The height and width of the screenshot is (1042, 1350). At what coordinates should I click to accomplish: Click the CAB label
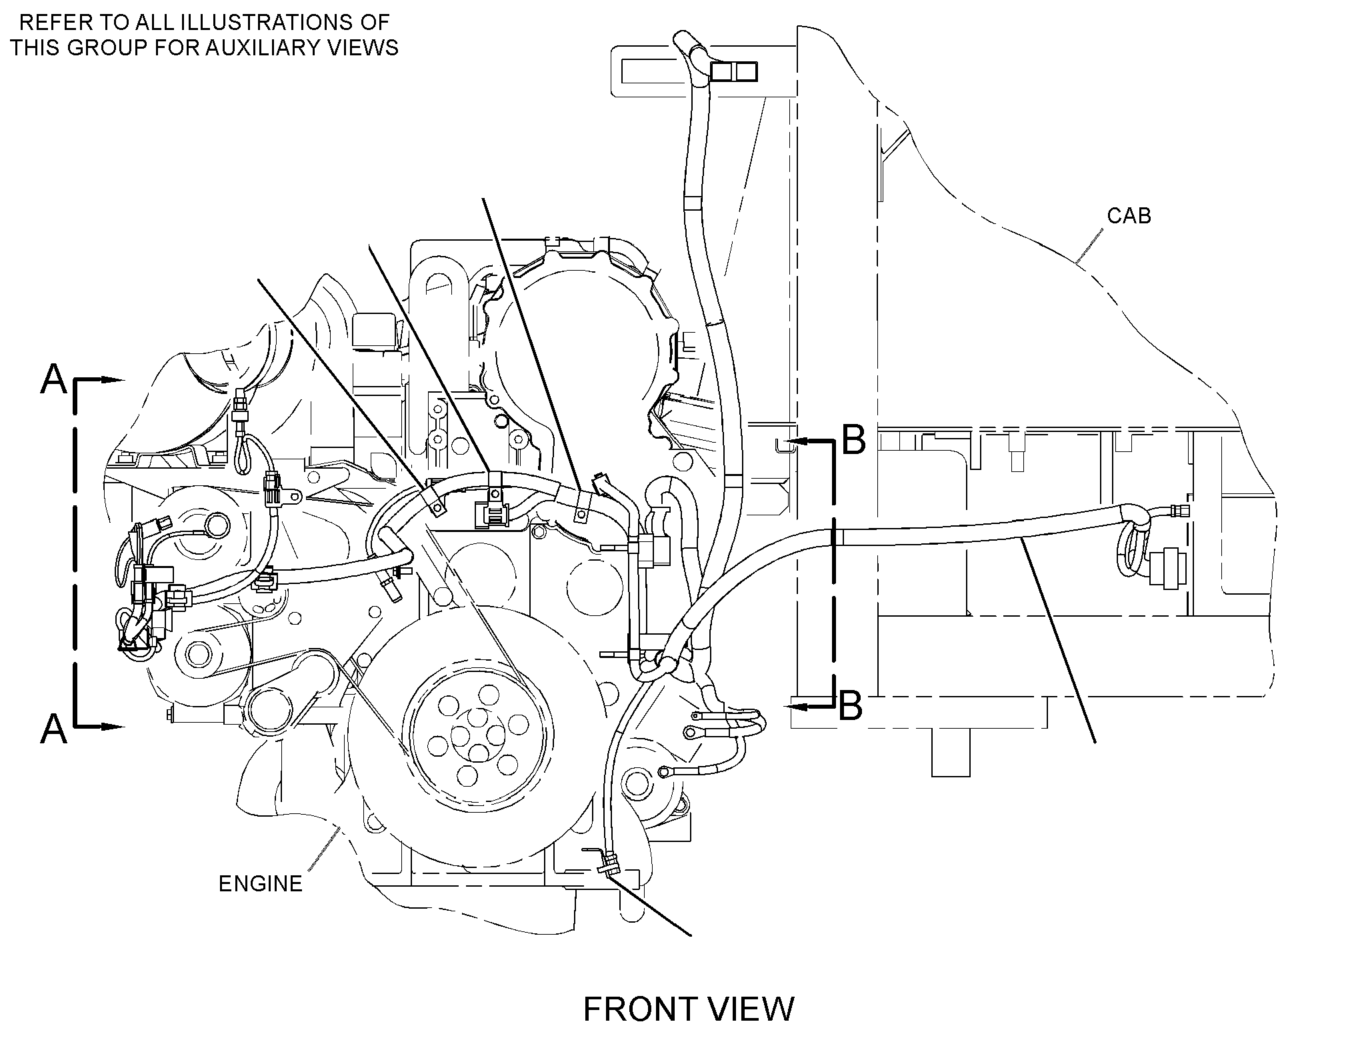click(x=1129, y=215)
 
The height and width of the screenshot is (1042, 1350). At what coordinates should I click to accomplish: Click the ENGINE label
click(x=261, y=883)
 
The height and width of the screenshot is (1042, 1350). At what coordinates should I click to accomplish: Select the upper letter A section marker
click(x=54, y=379)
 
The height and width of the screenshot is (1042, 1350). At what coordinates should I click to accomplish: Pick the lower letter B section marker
click(x=851, y=705)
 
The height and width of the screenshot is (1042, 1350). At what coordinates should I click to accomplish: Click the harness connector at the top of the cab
click(x=733, y=71)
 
